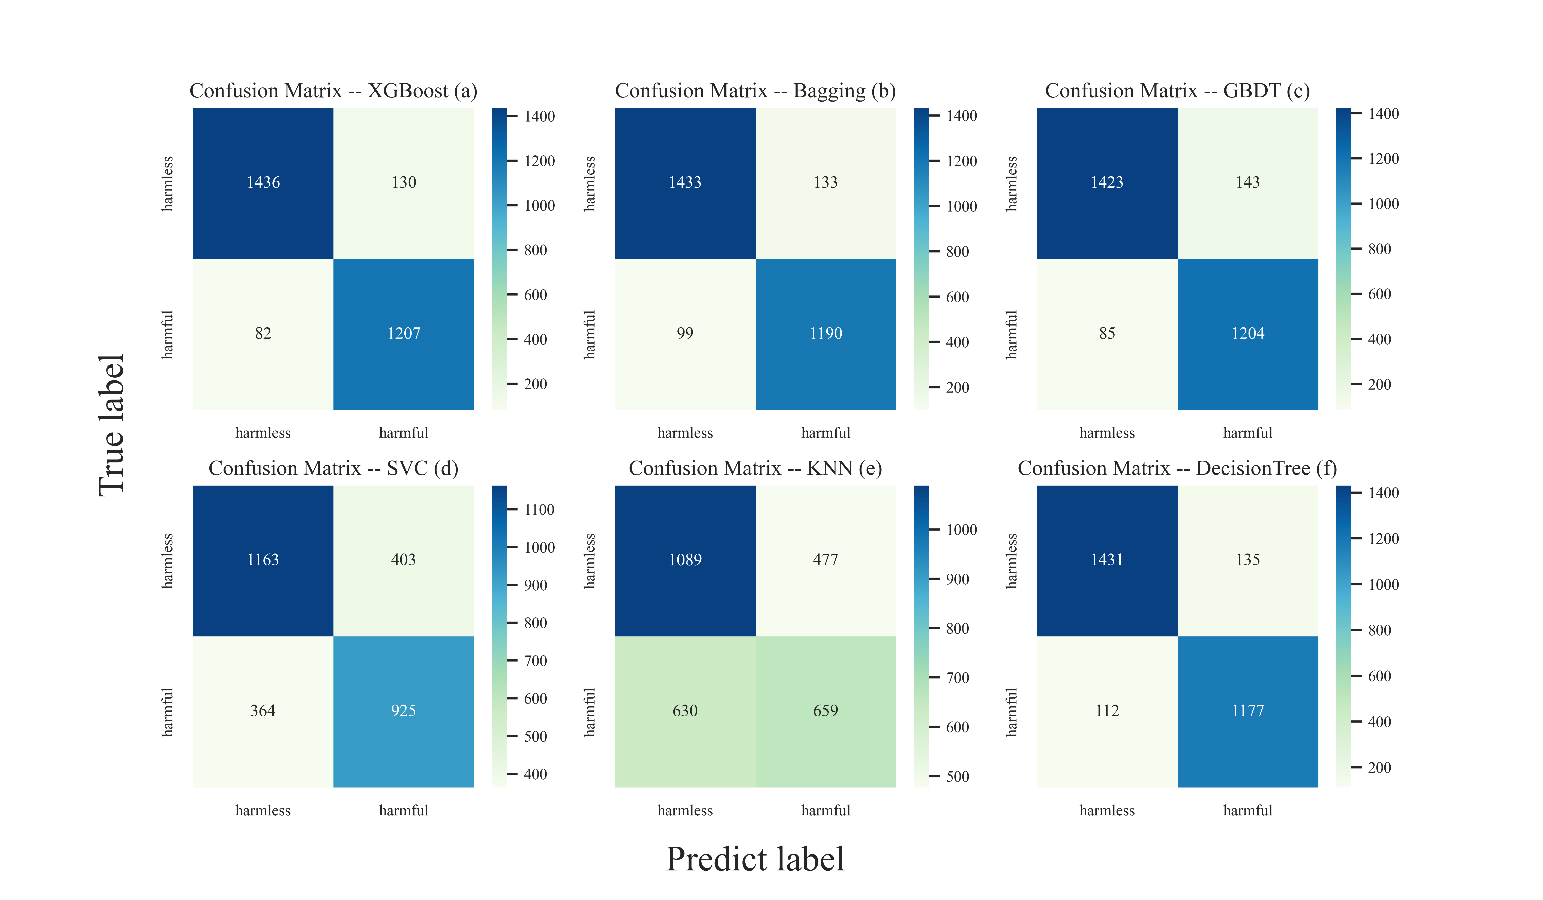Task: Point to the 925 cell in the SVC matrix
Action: [x=404, y=711]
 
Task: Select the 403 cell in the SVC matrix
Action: [x=404, y=559]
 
